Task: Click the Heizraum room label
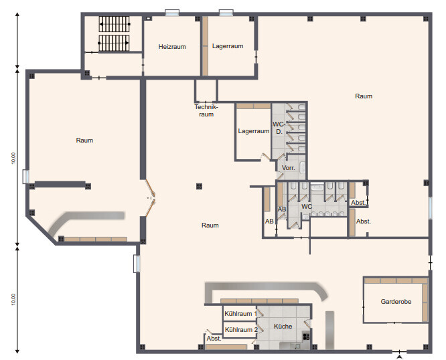pos(172,47)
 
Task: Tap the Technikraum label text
pos(206,110)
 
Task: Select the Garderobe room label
pos(396,302)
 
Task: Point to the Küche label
pos(283,326)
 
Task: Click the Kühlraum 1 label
pos(240,314)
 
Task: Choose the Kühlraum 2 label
pos(241,330)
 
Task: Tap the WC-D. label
pos(279,128)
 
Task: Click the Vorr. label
pos(288,168)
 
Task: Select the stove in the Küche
pos(306,337)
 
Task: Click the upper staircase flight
pos(115,24)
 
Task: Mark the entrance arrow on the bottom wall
pos(399,357)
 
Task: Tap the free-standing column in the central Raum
pos(199,187)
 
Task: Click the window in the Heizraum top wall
pos(172,13)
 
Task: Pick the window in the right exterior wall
pos(430,207)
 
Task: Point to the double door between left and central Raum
pos(150,197)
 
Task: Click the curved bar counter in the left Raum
pos(82,221)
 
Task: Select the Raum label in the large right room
pos(364,96)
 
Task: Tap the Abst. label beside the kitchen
pos(214,339)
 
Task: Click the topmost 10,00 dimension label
pos(13,158)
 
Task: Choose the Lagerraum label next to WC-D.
pos(253,131)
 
